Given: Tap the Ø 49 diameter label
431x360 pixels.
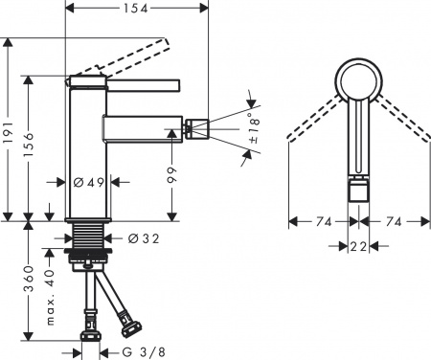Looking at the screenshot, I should coord(91,181).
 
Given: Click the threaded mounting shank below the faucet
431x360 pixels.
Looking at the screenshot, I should coord(94,240).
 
